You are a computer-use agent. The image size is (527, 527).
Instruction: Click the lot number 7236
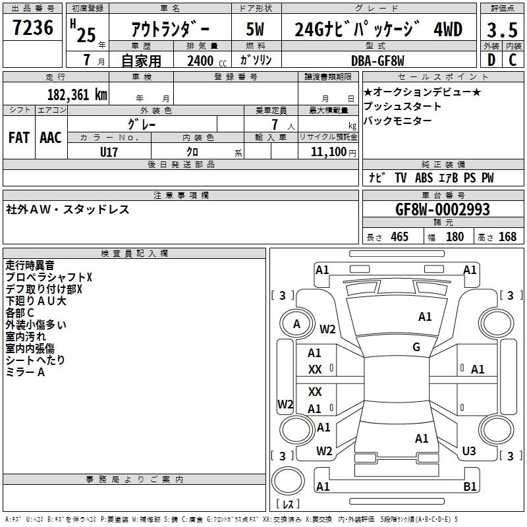[33, 28]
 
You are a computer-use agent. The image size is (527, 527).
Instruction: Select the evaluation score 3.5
[502, 30]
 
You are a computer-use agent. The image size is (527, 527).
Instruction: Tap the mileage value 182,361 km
[77, 94]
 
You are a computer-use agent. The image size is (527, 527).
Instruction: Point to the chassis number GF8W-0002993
[442, 209]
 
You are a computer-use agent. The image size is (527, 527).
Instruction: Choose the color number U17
[109, 152]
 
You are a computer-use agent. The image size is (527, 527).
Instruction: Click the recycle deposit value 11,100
[327, 152]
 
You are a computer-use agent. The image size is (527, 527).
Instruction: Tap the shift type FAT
[19, 137]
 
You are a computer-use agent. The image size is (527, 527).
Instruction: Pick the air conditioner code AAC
[50, 137]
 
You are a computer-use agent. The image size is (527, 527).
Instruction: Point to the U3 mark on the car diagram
[468, 451]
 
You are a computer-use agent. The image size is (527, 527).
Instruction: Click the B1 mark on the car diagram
[470, 487]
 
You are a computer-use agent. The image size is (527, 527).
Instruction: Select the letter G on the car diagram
[416, 347]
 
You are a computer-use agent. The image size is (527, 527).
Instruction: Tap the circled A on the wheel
[296, 323]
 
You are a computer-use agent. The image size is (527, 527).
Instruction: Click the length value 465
[399, 236]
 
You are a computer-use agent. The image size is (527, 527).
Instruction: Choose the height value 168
[507, 236]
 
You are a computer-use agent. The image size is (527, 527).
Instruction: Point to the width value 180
[455, 236]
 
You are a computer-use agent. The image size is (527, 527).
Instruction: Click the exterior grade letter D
[491, 60]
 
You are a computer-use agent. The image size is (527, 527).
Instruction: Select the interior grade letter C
[513, 60]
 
